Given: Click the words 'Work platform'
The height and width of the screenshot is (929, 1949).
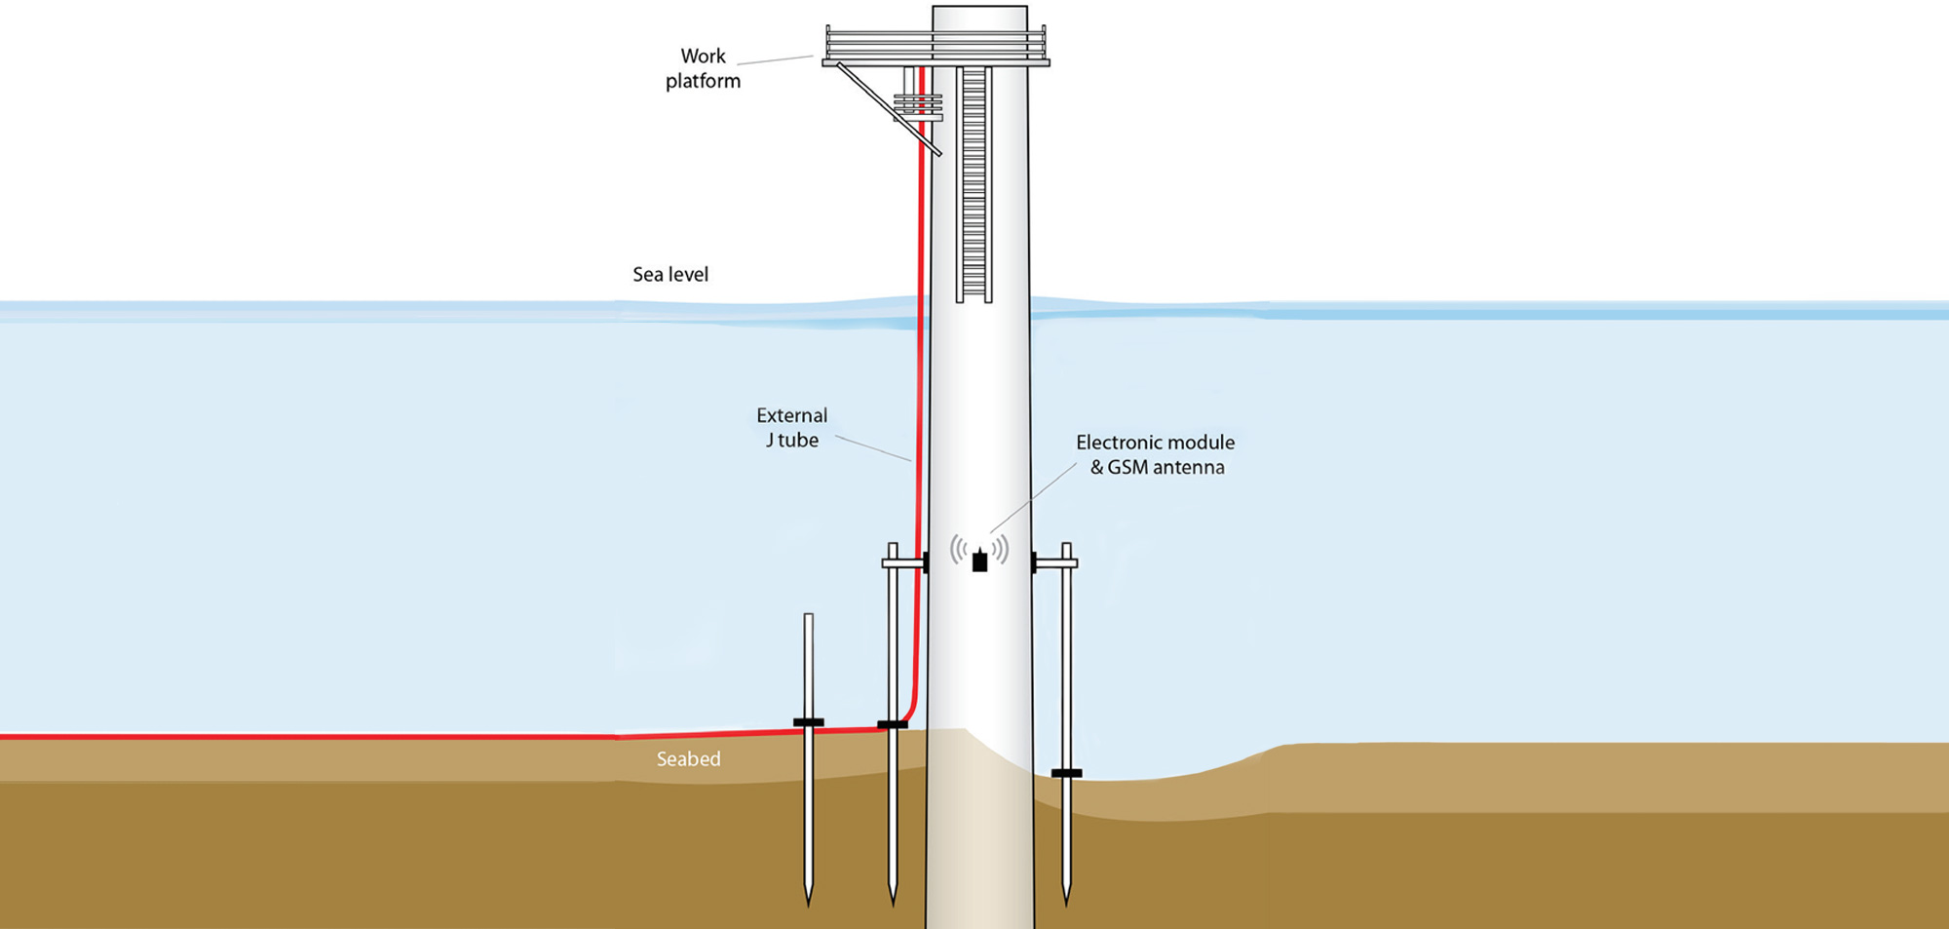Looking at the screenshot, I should tap(703, 68).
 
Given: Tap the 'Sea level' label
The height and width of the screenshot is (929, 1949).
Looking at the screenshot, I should tap(670, 275).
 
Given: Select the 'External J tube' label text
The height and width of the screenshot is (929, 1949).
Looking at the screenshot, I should tap(792, 428).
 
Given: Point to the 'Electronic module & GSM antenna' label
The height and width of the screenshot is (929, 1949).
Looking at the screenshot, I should tap(1156, 454).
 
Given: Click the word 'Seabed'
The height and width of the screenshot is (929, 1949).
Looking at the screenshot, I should tap(688, 759).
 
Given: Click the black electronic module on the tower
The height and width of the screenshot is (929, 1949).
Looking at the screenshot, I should tap(979, 561).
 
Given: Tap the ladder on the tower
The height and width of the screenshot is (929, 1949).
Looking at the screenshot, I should tap(974, 185).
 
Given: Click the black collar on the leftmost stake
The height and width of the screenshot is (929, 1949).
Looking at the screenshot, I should tap(808, 722).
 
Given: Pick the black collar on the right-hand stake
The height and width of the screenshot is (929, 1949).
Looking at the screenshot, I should tap(1066, 773).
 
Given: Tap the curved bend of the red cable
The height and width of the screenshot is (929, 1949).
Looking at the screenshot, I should tap(910, 712).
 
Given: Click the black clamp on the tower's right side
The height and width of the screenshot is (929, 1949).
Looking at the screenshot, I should tap(1034, 562).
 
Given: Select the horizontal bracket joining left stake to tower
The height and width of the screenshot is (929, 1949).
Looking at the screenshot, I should tap(902, 563).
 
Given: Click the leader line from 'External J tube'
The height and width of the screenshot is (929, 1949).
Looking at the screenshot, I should tap(873, 448).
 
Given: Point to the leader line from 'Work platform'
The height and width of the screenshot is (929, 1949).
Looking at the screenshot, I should tap(775, 60).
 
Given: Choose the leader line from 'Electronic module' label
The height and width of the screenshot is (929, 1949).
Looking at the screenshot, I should tap(1033, 497).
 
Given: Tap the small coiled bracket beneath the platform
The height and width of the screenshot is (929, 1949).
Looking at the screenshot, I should tap(918, 105).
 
